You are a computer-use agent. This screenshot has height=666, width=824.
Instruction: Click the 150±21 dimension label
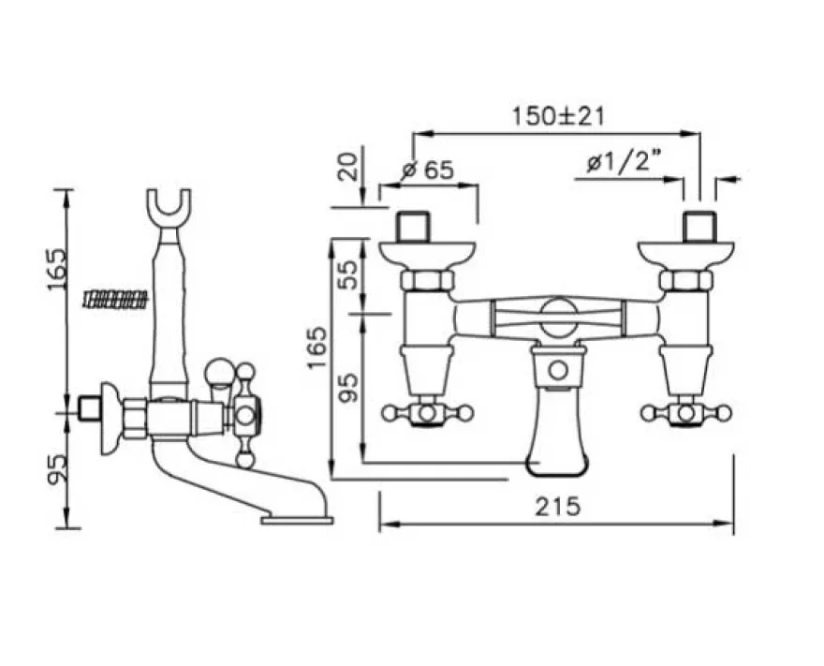(558, 116)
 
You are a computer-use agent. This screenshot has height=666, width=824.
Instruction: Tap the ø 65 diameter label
(427, 170)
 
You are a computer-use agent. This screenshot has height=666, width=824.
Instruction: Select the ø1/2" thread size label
(625, 164)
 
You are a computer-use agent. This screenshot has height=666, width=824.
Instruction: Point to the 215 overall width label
(558, 507)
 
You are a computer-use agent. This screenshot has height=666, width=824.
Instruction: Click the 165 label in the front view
(317, 348)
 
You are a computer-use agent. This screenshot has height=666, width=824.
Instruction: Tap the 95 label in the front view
(348, 388)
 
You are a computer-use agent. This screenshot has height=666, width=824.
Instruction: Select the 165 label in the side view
(57, 269)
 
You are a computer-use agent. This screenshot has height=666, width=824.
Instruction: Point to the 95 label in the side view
(57, 469)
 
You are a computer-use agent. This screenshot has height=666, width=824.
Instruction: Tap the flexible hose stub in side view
(115, 300)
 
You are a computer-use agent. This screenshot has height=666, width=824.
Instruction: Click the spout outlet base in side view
(297, 521)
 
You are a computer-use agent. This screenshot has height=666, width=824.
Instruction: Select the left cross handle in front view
(428, 413)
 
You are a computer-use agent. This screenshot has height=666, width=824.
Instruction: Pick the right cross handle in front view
(685, 413)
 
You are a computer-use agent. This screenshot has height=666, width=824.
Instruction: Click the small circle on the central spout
(558, 371)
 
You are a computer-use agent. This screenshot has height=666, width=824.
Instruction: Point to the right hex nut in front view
(686, 280)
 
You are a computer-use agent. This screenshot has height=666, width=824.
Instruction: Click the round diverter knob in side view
(217, 371)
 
